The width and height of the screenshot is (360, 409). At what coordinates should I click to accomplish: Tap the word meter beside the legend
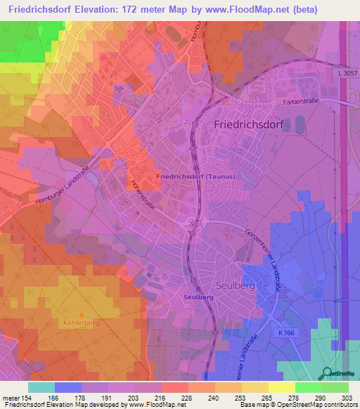(x=10, y=398)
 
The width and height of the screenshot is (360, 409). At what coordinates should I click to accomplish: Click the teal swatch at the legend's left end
(x=41, y=387)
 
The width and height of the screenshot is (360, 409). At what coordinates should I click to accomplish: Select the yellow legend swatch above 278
(x=282, y=387)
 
